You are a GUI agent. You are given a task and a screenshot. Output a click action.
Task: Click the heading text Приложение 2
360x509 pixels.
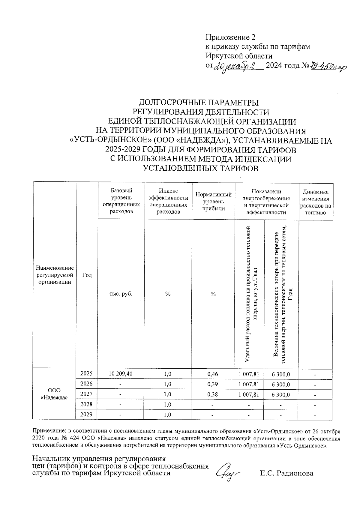(230, 37)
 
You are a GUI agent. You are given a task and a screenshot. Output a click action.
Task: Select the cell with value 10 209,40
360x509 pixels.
(121, 374)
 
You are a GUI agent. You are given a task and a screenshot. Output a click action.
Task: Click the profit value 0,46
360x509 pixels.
(213, 374)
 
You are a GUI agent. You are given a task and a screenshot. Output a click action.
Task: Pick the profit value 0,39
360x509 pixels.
(213, 384)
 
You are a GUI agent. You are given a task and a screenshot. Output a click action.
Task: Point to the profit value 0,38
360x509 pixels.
(213, 394)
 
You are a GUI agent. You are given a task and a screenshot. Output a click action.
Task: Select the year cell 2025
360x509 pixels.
(87, 373)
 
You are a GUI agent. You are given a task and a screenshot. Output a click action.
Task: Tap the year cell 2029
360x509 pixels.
(87, 414)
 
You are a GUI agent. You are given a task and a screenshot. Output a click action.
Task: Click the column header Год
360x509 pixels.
(87, 275)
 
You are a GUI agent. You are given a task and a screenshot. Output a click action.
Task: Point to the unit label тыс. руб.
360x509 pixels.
(121, 294)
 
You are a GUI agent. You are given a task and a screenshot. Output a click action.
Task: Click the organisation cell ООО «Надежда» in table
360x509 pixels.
(54, 394)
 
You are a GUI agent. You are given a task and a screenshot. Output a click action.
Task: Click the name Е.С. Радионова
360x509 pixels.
(287, 474)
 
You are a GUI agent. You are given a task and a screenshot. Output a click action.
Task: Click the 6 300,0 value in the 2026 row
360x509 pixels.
(281, 384)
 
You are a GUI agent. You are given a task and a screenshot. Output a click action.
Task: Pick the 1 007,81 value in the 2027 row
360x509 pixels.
(249, 394)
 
